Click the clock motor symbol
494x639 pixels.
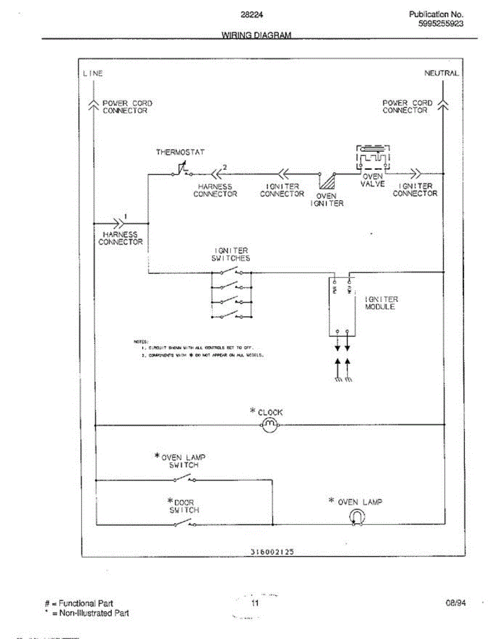click(270, 424)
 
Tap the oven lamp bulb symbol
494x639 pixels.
click(357, 517)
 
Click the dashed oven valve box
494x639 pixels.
click(373, 158)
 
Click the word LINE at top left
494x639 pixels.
click(93, 73)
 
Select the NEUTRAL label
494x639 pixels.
click(441, 73)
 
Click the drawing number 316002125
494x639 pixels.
click(272, 552)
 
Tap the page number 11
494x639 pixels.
click(255, 603)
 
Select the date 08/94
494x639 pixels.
click(456, 603)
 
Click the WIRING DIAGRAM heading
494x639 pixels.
click(256, 35)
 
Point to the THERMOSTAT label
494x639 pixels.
click(180, 152)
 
